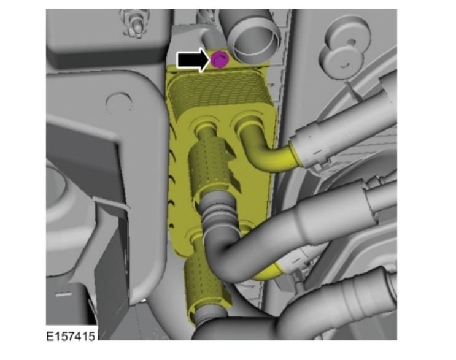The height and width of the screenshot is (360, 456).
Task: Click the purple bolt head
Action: [x=219, y=59]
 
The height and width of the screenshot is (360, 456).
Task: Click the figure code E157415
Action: [x=71, y=336]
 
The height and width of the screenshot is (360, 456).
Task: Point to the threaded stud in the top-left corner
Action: [x=136, y=24]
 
